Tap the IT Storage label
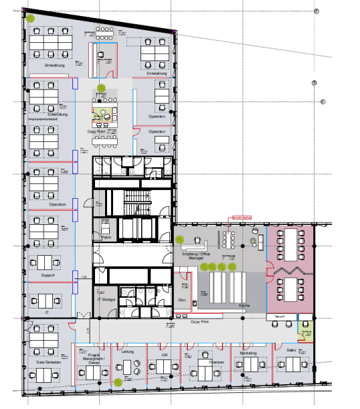106,300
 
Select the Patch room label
106,237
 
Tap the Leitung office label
128,350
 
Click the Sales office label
291,349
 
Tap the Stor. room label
182,301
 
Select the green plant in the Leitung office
118,382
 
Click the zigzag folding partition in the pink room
290,269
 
